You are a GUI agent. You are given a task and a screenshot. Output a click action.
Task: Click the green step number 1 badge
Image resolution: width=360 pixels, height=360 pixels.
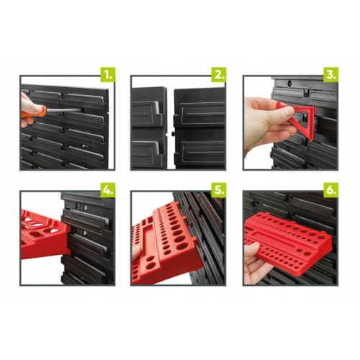coord(108,75)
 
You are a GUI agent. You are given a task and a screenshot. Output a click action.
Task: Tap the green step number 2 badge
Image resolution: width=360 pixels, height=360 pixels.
coord(219,75)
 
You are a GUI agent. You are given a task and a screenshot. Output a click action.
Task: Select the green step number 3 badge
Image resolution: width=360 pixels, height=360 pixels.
coord(331,75)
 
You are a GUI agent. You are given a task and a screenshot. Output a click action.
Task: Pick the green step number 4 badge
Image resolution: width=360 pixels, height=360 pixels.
coord(108,190)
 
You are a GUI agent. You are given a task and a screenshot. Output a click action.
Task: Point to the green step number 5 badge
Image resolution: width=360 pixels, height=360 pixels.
coord(219,190)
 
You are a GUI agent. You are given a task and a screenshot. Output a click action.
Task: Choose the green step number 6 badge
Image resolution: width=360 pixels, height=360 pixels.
coord(331,190)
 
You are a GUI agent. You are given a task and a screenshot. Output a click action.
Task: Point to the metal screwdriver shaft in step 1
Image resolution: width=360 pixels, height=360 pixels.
coord(63,110)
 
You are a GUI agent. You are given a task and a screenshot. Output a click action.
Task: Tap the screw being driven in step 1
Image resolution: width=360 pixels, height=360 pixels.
coord(84,110)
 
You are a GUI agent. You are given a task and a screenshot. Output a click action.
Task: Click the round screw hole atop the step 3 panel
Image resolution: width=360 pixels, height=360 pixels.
coord(289,84)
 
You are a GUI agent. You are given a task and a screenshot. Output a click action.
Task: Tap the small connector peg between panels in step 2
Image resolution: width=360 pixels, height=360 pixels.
coord(172,133)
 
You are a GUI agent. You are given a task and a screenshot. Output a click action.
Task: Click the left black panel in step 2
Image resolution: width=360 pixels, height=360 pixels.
coord(149,128)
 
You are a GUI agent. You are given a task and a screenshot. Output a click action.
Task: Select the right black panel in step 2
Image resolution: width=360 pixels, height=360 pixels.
coord(199,128)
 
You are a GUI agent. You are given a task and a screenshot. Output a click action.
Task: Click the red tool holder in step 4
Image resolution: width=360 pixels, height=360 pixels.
coord(45,234)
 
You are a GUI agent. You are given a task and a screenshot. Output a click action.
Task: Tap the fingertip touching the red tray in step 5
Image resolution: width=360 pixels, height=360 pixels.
coord(137,252)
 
